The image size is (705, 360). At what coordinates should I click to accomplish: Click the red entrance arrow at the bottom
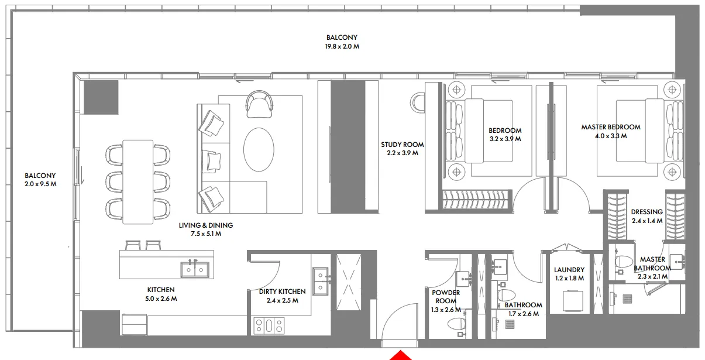coord(400,355)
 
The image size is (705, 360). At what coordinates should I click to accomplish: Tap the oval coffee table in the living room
coord(258,149)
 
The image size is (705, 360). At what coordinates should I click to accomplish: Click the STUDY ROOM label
coord(402,145)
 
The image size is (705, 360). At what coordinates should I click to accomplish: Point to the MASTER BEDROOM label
coord(610,127)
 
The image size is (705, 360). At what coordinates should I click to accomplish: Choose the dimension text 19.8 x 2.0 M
coord(342,46)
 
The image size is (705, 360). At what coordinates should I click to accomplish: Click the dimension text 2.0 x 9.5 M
coord(40,184)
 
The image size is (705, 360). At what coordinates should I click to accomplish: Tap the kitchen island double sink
coord(194,269)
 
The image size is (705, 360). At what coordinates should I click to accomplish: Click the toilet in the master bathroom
coord(623,265)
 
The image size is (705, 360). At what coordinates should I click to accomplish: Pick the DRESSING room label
coord(646,212)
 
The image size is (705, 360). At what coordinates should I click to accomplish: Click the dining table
coord(137,181)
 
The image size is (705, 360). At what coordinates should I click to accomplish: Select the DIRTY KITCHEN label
coord(282,292)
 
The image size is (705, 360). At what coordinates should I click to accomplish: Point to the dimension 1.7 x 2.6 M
coord(523,314)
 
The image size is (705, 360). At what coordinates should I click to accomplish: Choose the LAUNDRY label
coord(569,270)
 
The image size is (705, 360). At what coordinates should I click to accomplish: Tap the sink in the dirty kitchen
coord(321,282)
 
